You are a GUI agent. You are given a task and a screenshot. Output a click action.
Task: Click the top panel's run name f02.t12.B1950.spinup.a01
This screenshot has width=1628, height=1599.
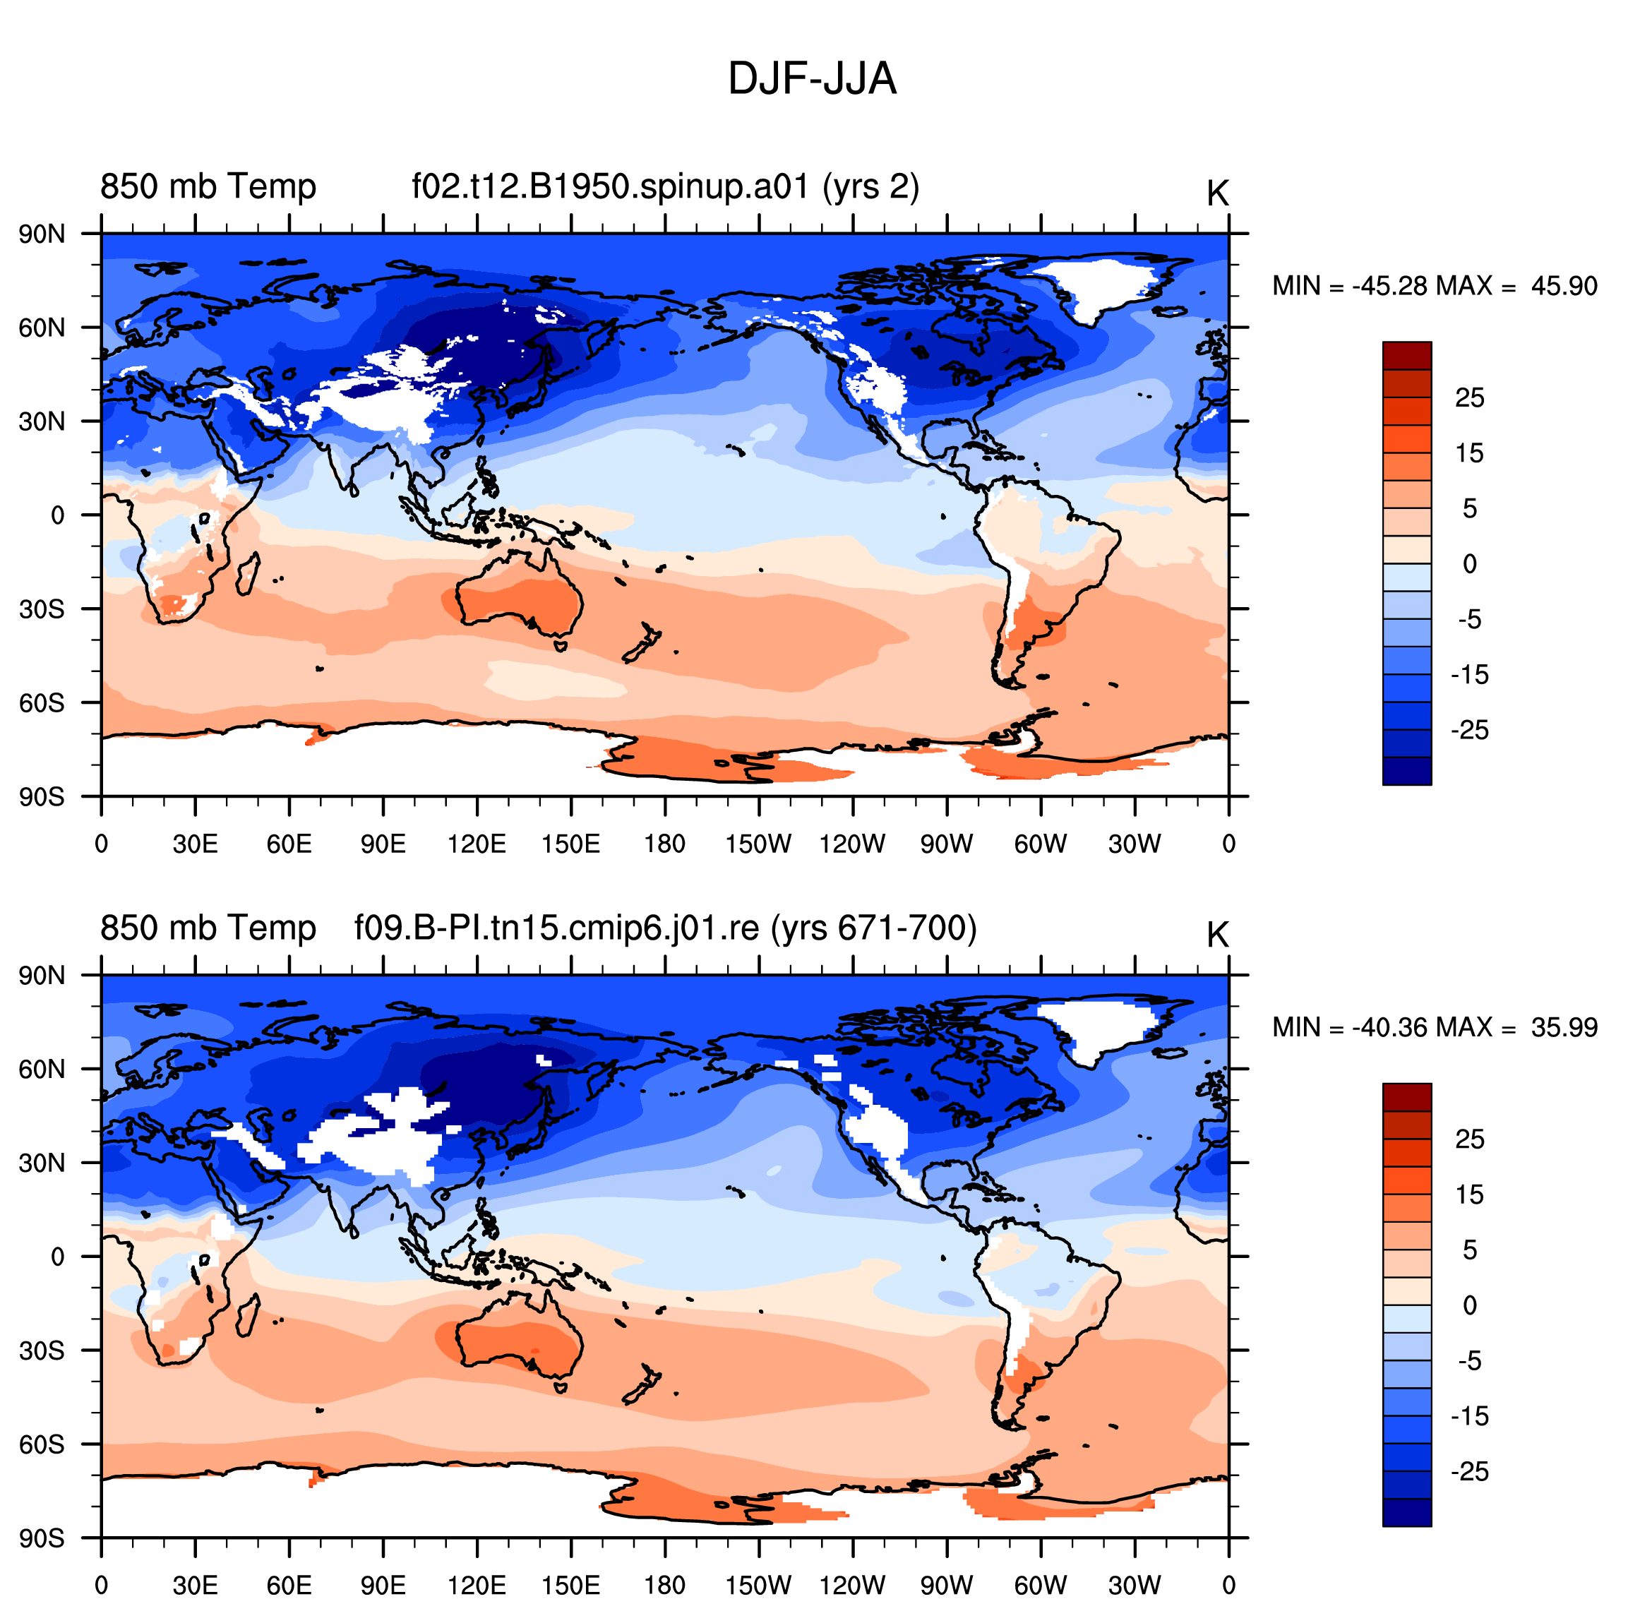click(x=610, y=186)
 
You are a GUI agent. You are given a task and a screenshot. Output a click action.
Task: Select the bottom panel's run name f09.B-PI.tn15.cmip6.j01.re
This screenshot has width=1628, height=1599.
click(x=556, y=928)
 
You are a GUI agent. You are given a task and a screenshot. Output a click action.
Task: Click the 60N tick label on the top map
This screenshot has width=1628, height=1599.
click(x=42, y=328)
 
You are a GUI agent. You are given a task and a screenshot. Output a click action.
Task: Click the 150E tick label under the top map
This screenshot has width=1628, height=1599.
click(x=571, y=843)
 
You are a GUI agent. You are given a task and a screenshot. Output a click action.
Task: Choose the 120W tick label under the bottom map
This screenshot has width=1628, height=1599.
click(x=853, y=1585)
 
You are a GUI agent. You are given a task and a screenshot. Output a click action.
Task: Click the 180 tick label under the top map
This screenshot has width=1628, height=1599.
click(x=665, y=843)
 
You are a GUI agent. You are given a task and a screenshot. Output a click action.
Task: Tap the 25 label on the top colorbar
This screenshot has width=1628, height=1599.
click(x=1469, y=397)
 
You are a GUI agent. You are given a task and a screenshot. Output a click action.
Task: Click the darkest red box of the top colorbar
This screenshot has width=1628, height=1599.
click(x=1407, y=355)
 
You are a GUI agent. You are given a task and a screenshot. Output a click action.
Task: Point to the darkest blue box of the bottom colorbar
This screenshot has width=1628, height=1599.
click(x=1407, y=1512)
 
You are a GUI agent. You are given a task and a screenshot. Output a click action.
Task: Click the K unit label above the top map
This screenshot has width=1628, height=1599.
click(x=1217, y=193)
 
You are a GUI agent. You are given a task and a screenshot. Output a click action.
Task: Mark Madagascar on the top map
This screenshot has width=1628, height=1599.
click(x=247, y=573)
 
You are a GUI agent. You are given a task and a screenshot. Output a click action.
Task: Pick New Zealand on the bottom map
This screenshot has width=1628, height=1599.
click(x=642, y=1383)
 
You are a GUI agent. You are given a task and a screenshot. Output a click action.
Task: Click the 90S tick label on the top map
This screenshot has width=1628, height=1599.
click(x=42, y=796)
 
